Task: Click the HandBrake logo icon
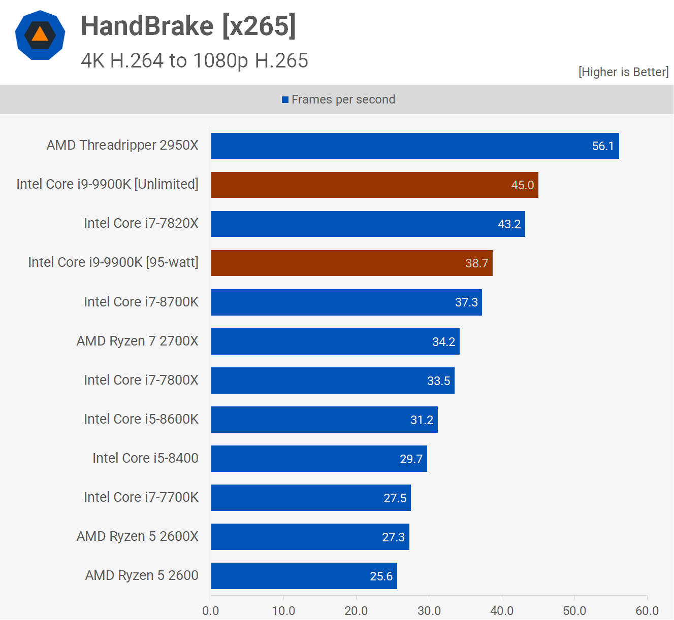40,35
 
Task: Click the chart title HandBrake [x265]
188,26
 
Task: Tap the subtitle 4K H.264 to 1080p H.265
195,60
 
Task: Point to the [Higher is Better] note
623,72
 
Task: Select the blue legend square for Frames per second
285,100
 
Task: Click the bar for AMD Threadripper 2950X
415,146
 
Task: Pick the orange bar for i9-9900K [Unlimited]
374,185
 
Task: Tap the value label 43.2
509,224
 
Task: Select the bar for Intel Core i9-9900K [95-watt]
351,263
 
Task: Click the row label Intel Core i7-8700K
141,302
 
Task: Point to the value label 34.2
443,342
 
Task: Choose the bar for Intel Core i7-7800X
333,381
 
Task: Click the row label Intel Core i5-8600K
141,419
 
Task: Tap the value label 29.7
411,459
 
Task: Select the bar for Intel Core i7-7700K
311,498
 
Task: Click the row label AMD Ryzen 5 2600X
138,536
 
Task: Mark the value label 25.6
381,576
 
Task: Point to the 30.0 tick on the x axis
429,611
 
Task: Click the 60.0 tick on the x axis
647,611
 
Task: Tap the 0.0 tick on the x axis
211,611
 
